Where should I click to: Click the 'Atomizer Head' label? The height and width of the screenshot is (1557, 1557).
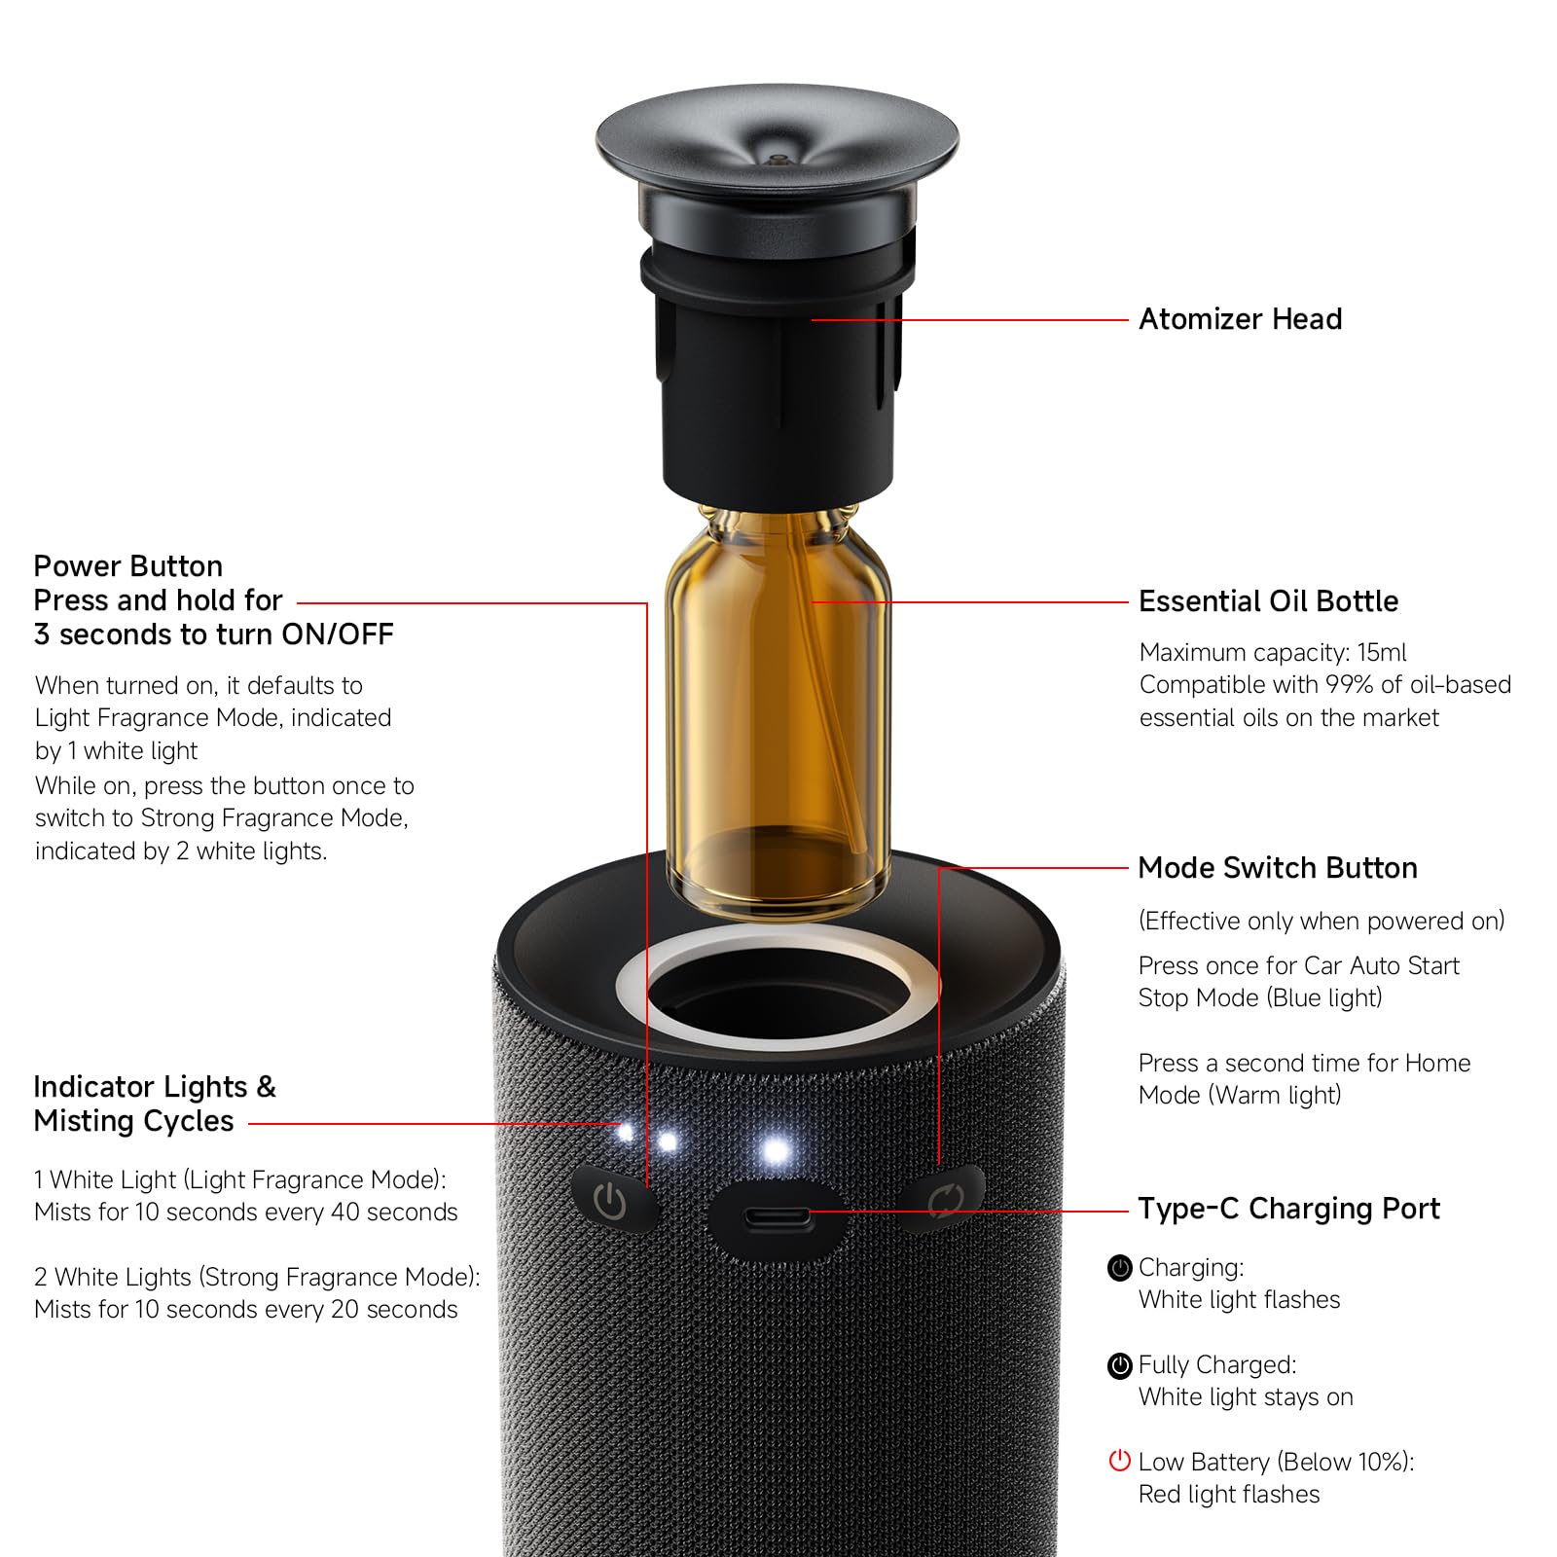tap(1240, 319)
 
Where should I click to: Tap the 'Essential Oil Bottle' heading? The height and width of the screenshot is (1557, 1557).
tap(1268, 601)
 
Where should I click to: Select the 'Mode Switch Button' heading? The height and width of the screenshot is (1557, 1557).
tap(1278, 868)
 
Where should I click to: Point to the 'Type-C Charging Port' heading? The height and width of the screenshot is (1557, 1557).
tap(1288, 1209)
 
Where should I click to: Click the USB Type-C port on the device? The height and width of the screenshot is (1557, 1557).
tap(777, 1217)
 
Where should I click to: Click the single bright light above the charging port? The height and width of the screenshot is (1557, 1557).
tap(776, 1151)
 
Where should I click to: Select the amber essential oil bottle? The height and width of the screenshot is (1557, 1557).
tap(778, 710)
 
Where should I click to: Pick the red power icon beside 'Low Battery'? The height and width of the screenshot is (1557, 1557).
tap(1120, 1461)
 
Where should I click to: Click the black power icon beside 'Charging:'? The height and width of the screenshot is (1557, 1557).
tap(1120, 1268)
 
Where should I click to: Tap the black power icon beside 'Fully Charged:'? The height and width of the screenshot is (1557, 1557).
tap(1120, 1365)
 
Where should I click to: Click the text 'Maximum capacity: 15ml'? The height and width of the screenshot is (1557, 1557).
tap(1273, 652)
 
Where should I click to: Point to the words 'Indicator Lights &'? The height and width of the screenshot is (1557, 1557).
tap(155, 1087)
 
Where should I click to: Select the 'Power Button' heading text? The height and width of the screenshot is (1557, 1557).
tap(128, 566)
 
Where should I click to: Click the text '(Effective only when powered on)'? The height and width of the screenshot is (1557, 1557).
tap(1322, 921)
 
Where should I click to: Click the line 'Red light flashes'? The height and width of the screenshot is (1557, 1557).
tap(1229, 1494)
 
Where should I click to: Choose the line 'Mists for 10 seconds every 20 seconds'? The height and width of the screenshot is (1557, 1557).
tap(245, 1309)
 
